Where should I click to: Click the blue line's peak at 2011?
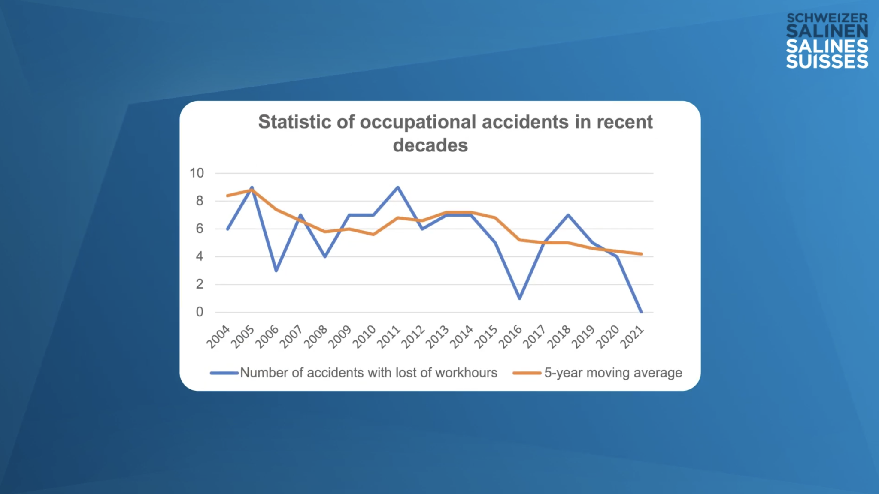coord(398,187)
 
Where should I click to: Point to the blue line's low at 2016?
coord(520,298)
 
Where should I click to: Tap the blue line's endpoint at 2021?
coord(641,312)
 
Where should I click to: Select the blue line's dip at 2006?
coord(276,271)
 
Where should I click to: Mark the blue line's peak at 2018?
coord(568,215)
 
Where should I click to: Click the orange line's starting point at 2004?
coord(227,196)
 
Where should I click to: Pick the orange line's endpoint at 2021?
coord(641,254)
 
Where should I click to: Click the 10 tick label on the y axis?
coord(197,173)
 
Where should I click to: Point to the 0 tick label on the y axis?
coord(200,312)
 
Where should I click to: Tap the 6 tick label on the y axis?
coord(200,229)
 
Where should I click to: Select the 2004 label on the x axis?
coord(218,337)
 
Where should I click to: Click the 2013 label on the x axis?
coord(437,337)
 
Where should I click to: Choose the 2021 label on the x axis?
coord(632,337)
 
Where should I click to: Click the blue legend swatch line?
coord(224,373)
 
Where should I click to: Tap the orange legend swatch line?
coord(527,373)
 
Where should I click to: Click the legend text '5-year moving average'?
coord(613,373)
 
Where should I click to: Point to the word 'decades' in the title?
coord(430,145)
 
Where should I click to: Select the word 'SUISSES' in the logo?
coord(827,61)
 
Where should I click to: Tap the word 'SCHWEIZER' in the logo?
coord(827,18)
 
